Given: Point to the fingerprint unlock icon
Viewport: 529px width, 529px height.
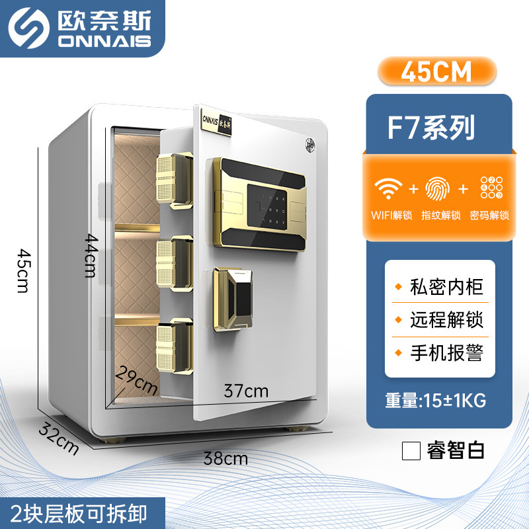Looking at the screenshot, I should tap(439, 188).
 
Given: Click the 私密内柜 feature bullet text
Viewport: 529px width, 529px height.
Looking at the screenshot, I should tap(446, 288).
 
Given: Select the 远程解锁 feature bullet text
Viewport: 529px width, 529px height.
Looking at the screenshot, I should tap(446, 319).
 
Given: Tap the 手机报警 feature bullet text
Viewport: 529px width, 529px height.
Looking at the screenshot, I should tap(446, 351).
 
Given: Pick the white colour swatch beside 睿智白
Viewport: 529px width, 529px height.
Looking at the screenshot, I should tap(411, 450).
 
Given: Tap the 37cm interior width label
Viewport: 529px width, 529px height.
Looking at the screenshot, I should tap(247, 391).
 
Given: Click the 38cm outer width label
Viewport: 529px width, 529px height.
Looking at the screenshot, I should tap(226, 456).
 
